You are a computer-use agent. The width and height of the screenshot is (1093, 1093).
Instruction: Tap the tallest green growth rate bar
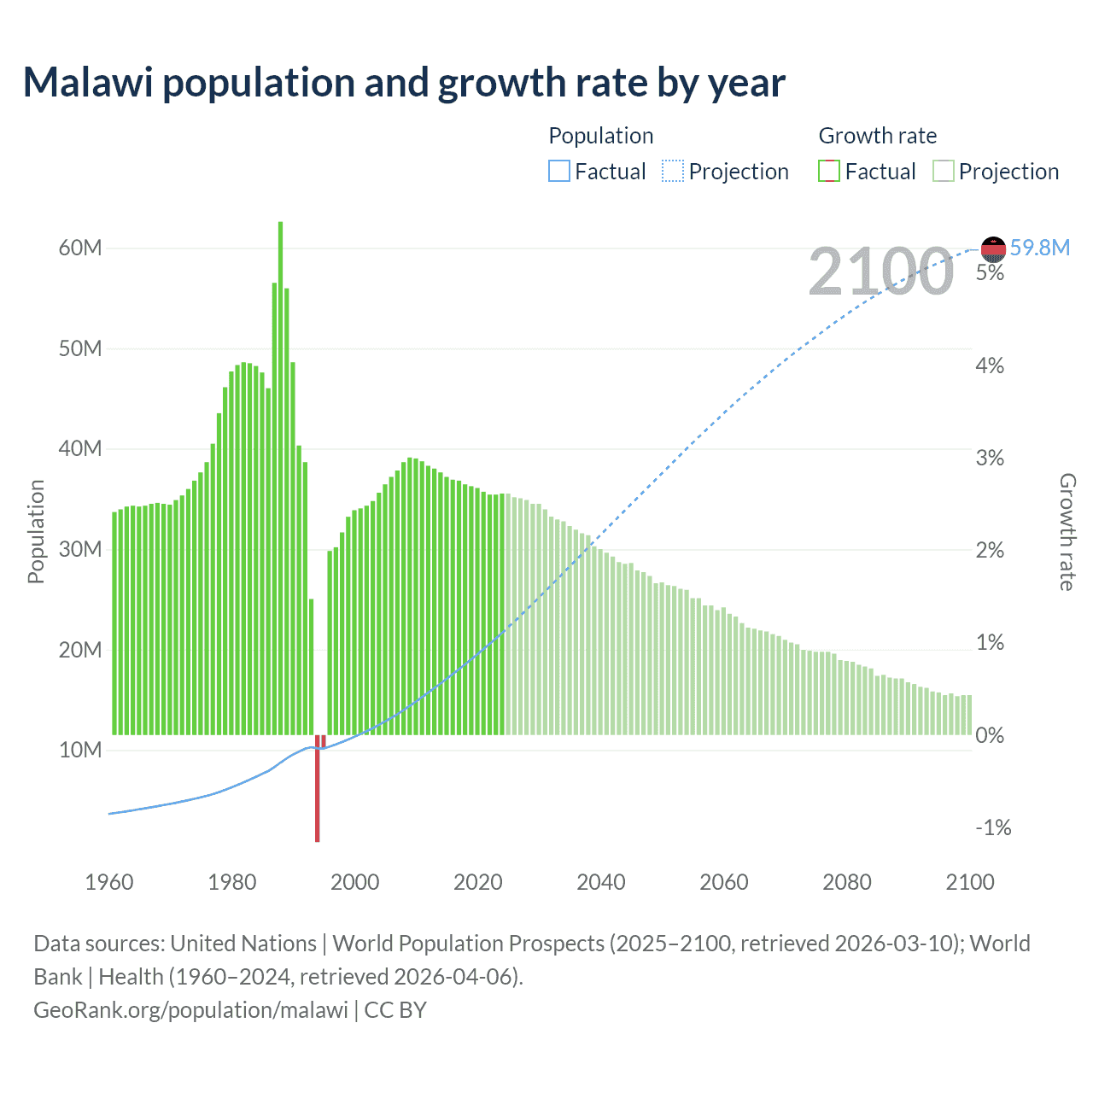click(x=280, y=478)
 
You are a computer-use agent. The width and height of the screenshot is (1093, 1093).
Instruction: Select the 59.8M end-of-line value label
click(x=1039, y=248)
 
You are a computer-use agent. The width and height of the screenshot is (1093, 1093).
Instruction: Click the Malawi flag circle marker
click(x=993, y=248)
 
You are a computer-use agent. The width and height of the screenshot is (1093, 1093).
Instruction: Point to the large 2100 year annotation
click(x=880, y=272)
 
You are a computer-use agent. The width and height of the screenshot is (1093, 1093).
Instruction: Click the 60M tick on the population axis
click(x=80, y=248)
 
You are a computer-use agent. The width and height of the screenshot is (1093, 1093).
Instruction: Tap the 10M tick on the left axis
click(x=80, y=750)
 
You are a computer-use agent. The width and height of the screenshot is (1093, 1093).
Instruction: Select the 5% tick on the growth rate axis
click(x=990, y=273)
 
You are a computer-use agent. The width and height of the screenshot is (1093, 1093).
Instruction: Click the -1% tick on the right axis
click(x=993, y=827)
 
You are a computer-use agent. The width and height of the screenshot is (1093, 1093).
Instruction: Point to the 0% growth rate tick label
click(x=990, y=735)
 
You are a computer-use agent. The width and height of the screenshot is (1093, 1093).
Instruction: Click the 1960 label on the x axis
click(x=109, y=882)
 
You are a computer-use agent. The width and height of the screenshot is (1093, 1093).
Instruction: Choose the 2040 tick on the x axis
click(x=601, y=882)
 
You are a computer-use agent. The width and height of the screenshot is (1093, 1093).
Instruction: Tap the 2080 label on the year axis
click(x=847, y=882)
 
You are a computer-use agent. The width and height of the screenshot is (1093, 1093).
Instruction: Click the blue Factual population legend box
click(x=559, y=172)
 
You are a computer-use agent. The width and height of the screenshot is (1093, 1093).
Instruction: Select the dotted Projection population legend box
click(x=673, y=172)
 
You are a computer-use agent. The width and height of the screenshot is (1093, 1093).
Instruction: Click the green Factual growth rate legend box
click(x=829, y=172)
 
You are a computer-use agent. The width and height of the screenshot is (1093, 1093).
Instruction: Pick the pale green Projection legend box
click(x=944, y=172)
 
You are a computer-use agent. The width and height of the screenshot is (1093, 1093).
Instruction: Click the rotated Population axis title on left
click(x=36, y=531)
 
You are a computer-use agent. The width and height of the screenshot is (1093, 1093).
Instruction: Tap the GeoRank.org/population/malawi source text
click(x=190, y=1009)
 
